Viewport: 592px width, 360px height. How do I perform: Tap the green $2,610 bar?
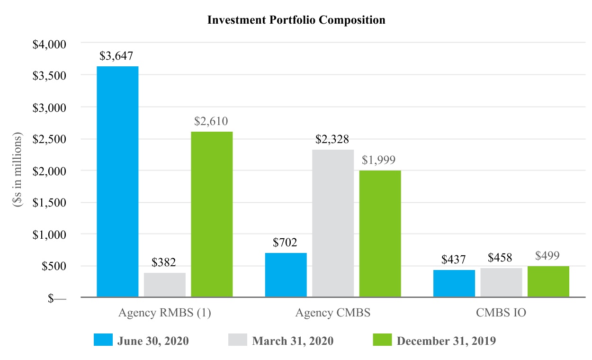coord(212,214)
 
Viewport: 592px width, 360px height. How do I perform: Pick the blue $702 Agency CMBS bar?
coord(286,275)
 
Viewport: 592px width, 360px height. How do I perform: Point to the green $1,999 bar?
coord(380,234)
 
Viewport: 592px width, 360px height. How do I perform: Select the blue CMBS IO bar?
coord(454,284)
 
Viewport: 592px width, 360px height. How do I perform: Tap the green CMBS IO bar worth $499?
coord(548,282)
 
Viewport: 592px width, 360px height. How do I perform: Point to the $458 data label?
coord(501,259)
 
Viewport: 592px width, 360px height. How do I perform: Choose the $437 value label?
coord(454,260)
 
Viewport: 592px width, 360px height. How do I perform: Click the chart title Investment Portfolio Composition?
coord(296,20)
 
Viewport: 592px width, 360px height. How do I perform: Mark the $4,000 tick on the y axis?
coord(49,44)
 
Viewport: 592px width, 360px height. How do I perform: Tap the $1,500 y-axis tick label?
coord(49,202)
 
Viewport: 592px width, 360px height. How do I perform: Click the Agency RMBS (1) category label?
coord(164,313)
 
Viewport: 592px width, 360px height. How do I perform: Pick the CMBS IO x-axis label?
coord(501,313)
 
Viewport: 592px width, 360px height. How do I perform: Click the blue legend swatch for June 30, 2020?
coord(103,340)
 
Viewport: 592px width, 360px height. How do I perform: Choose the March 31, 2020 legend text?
coord(293,341)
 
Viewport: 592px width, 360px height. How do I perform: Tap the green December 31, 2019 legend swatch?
coord(382,340)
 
